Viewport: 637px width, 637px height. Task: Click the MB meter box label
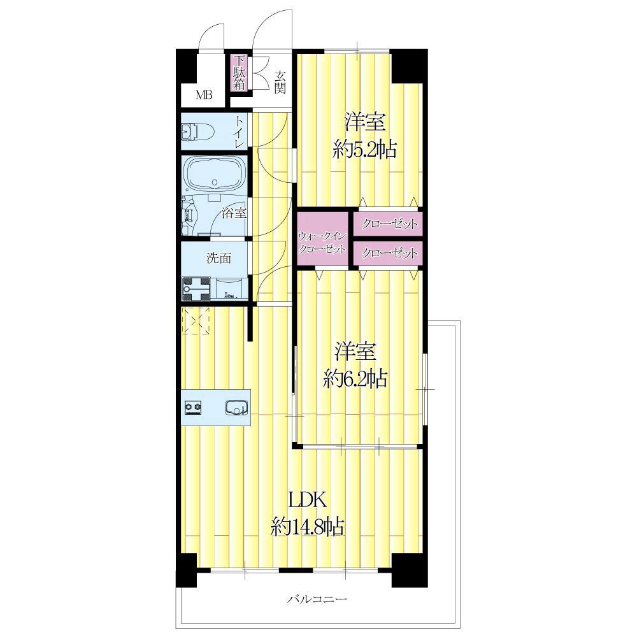click(x=204, y=96)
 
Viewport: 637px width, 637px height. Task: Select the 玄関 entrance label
click(x=280, y=82)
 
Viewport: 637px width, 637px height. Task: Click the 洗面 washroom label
click(x=219, y=258)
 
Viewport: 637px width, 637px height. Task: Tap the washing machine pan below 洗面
click(x=196, y=289)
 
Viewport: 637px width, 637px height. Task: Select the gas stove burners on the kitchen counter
click(x=194, y=408)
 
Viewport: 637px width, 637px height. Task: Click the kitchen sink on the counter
click(x=237, y=408)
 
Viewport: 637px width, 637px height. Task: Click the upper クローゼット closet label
click(x=389, y=224)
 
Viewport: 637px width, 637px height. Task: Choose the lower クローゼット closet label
click(x=389, y=253)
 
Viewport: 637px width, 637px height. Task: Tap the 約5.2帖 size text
click(x=365, y=150)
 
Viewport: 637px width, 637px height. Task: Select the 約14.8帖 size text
click(x=308, y=527)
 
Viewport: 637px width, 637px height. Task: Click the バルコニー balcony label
click(x=317, y=599)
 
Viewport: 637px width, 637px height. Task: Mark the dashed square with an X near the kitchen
click(x=196, y=320)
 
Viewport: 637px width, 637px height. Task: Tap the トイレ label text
click(x=239, y=132)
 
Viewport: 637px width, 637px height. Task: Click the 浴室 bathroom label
click(x=234, y=212)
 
